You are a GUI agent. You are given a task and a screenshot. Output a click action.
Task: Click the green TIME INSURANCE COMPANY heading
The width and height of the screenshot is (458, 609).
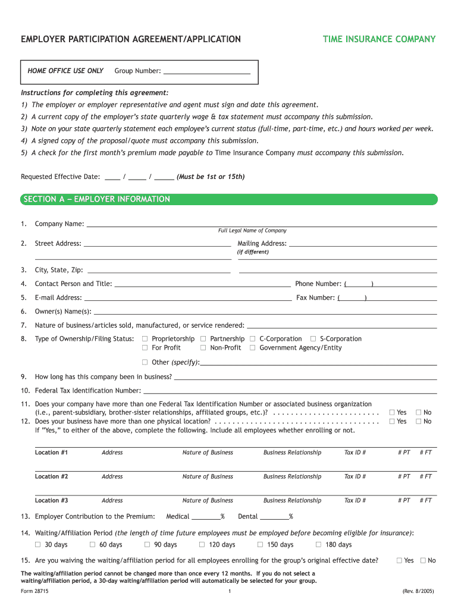coord(379,39)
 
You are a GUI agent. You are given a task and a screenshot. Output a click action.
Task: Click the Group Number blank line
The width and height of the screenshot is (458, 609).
coord(206,71)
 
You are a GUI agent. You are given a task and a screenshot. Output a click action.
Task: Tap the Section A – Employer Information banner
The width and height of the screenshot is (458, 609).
coord(229,199)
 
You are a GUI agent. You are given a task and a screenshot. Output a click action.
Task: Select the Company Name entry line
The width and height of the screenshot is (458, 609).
coord(262,224)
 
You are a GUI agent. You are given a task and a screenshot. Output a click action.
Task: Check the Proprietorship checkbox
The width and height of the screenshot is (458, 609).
coord(145,339)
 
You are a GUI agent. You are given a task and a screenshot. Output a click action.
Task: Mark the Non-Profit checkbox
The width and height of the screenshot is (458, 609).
coord(203,348)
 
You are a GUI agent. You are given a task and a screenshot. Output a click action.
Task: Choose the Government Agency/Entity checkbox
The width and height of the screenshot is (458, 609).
coord(253,348)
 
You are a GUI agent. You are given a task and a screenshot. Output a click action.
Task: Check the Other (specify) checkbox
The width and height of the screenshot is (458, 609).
coord(145,362)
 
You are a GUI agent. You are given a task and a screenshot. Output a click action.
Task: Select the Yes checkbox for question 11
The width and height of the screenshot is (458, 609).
coord(391,412)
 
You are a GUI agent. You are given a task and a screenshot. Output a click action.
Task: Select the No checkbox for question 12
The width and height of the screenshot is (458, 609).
coord(418,422)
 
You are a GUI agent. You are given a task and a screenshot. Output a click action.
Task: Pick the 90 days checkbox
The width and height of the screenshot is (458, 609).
coord(147,545)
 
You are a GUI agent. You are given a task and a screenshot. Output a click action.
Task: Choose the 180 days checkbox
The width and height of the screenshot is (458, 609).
coord(318,545)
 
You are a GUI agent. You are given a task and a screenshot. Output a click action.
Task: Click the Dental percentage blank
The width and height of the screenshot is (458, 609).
coord(274,517)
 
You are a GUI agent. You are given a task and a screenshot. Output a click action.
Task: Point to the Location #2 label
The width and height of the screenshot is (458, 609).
coord(51,476)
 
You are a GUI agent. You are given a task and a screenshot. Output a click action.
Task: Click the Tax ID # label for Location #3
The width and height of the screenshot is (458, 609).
coord(355,500)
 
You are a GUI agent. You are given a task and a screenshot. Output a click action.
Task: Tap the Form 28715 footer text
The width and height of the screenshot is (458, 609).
coord(35,591)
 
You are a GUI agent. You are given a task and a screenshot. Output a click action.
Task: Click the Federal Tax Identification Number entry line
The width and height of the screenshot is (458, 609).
coord(290,391)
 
